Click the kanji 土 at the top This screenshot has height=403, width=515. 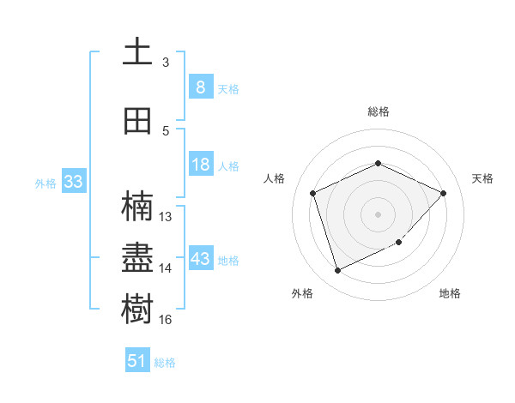[137, 51]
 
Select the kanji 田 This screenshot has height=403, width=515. [137, 121]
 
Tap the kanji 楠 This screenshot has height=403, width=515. [137, 207]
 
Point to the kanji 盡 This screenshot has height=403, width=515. [137, 257]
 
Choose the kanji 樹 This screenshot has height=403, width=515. [137, 308]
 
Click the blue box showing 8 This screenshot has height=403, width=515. [200, 87]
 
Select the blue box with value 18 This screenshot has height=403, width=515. [200, 165]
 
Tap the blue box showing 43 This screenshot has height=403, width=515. [200, 259]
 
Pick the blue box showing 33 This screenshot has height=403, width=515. [73, 182]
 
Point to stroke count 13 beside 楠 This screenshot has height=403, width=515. [166, 216]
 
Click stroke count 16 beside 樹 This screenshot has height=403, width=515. [166, 319]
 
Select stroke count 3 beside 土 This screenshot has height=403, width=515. [166, 63]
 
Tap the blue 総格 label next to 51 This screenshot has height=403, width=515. [165, 363]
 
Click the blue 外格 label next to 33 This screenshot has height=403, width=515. [45, 183]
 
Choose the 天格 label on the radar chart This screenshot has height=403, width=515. [482, 178]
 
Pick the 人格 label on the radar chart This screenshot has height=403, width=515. [275, 178]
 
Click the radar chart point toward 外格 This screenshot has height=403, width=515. [337, 271]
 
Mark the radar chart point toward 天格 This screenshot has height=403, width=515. [443, 193]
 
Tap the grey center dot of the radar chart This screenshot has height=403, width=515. [378, 214]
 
